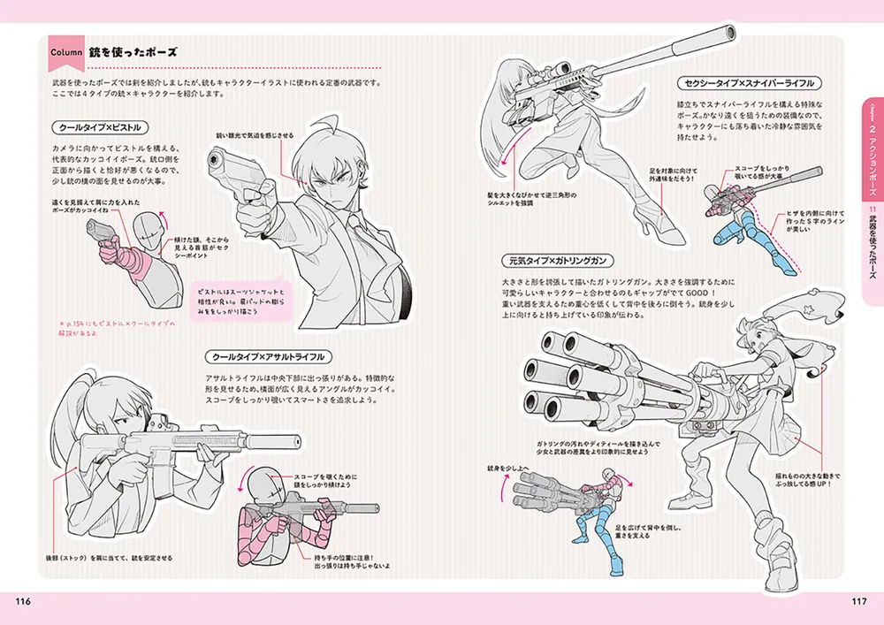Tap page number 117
(x=858, y=603)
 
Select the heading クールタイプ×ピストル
(x=97, y=127)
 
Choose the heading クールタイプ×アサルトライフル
(x=269, y=357)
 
